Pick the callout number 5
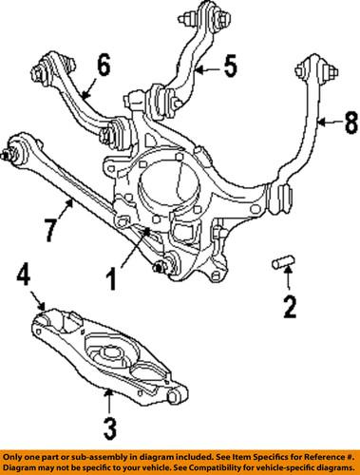[x=230, y=67]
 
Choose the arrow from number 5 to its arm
[x=206, y=68]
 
